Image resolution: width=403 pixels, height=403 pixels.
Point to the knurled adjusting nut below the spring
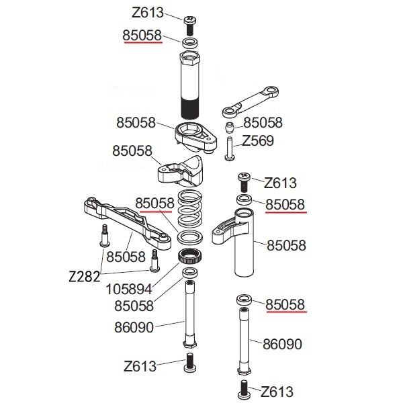click(189, 257)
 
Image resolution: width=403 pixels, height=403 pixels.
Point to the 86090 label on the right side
click(282, 344)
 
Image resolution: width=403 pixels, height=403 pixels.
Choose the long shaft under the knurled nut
click(189, 312)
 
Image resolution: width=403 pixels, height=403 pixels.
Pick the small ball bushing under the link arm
click(230, 127)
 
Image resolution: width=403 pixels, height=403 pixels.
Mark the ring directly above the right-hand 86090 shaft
click(242, 300)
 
